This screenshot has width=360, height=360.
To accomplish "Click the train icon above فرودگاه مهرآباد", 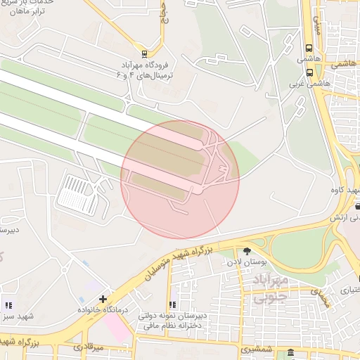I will tap(145, 53).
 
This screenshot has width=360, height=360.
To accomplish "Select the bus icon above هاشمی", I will tap(309, 49).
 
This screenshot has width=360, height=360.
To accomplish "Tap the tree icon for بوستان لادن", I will tap(247, 251).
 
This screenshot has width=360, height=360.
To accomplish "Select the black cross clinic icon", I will tap(103, 300).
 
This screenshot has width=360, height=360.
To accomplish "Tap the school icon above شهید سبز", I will tap(8, 305).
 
